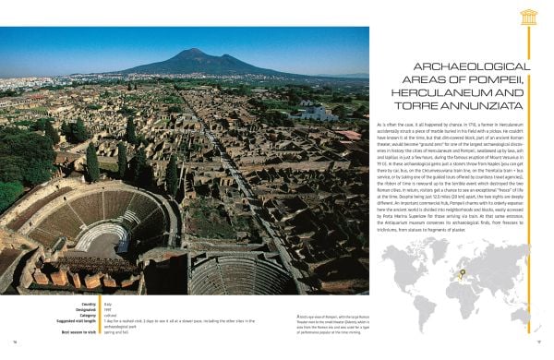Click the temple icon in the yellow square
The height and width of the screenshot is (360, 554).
tap(530, 17)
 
